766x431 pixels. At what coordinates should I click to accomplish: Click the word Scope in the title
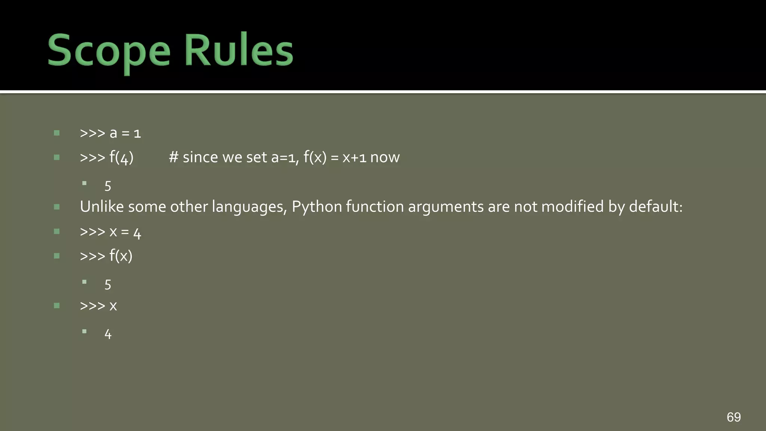click(108, 51)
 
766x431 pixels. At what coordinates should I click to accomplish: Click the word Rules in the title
click(239, 51)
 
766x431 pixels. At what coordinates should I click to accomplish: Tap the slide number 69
click(733, 417)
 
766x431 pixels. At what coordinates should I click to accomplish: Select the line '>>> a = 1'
click(110, 133)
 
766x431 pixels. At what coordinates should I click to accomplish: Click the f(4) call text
click(121, 158)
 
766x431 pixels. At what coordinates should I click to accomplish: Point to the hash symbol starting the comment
click(173, 158)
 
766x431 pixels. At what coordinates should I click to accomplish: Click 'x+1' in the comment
click(354, 158)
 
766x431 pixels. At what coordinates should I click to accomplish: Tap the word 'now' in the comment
click(385, 158)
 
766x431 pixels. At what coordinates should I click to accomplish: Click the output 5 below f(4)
click(108, 186)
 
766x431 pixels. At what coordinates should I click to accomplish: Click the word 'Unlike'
click(102, 207)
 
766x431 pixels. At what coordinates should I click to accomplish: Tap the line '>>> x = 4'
click(110, 232)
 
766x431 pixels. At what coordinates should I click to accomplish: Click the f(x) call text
click(121, 256)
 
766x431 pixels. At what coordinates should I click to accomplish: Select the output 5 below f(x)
click(108, 285)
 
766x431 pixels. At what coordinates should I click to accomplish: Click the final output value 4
click(108, 334)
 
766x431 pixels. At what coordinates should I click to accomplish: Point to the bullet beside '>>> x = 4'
click(57, 232)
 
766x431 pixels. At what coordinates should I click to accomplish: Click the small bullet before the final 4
click(85, 331)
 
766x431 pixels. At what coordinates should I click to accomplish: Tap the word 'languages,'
click(249, 207)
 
